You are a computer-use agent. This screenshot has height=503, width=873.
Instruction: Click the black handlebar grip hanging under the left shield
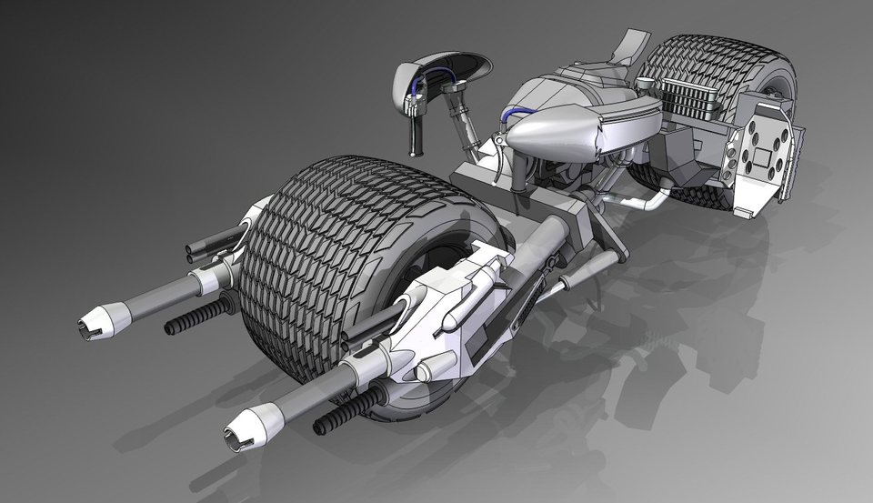(418, 136)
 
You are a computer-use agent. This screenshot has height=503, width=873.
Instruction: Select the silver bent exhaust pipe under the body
(637, 197)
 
